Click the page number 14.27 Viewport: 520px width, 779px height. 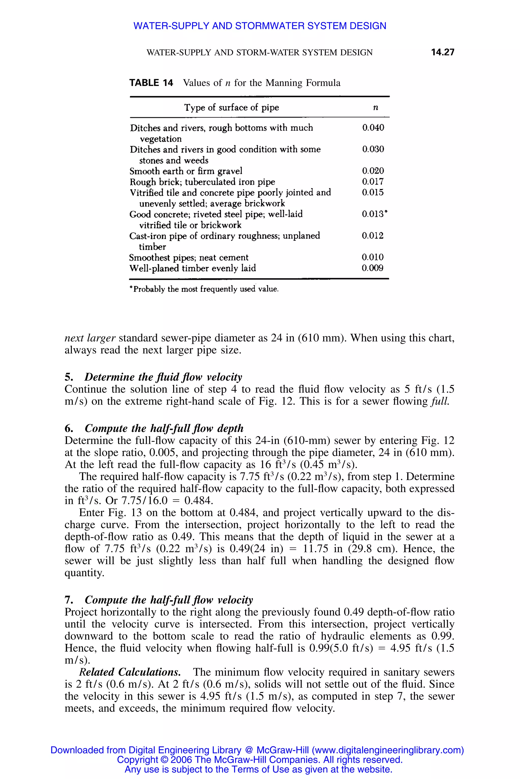click(x=442, y=52)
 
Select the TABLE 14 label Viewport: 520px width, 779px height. click(x=151, y=83)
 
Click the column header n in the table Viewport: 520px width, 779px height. click(x=376, y=107)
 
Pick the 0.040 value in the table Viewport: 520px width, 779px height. click(x=373, y=128)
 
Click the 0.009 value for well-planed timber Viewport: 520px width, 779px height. click(x=372, y=268)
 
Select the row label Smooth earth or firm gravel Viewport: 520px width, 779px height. click(x=186, y=171)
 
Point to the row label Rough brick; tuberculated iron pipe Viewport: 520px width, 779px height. click(x=202, y=182)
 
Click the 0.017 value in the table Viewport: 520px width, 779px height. click(x=373, y=182)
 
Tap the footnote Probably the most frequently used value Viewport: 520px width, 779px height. click(x=204, y=289)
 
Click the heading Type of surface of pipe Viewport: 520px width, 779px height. click(x=232, y=107)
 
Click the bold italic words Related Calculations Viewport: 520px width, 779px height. click(x=130, y=672)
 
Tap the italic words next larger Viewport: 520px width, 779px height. click(x=90, y=338)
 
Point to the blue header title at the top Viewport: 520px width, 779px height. click(x=260, y=26)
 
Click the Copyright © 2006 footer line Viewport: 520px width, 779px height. click(x=260, y=759)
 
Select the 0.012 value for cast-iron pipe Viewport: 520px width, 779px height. click(x=373, y=236)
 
